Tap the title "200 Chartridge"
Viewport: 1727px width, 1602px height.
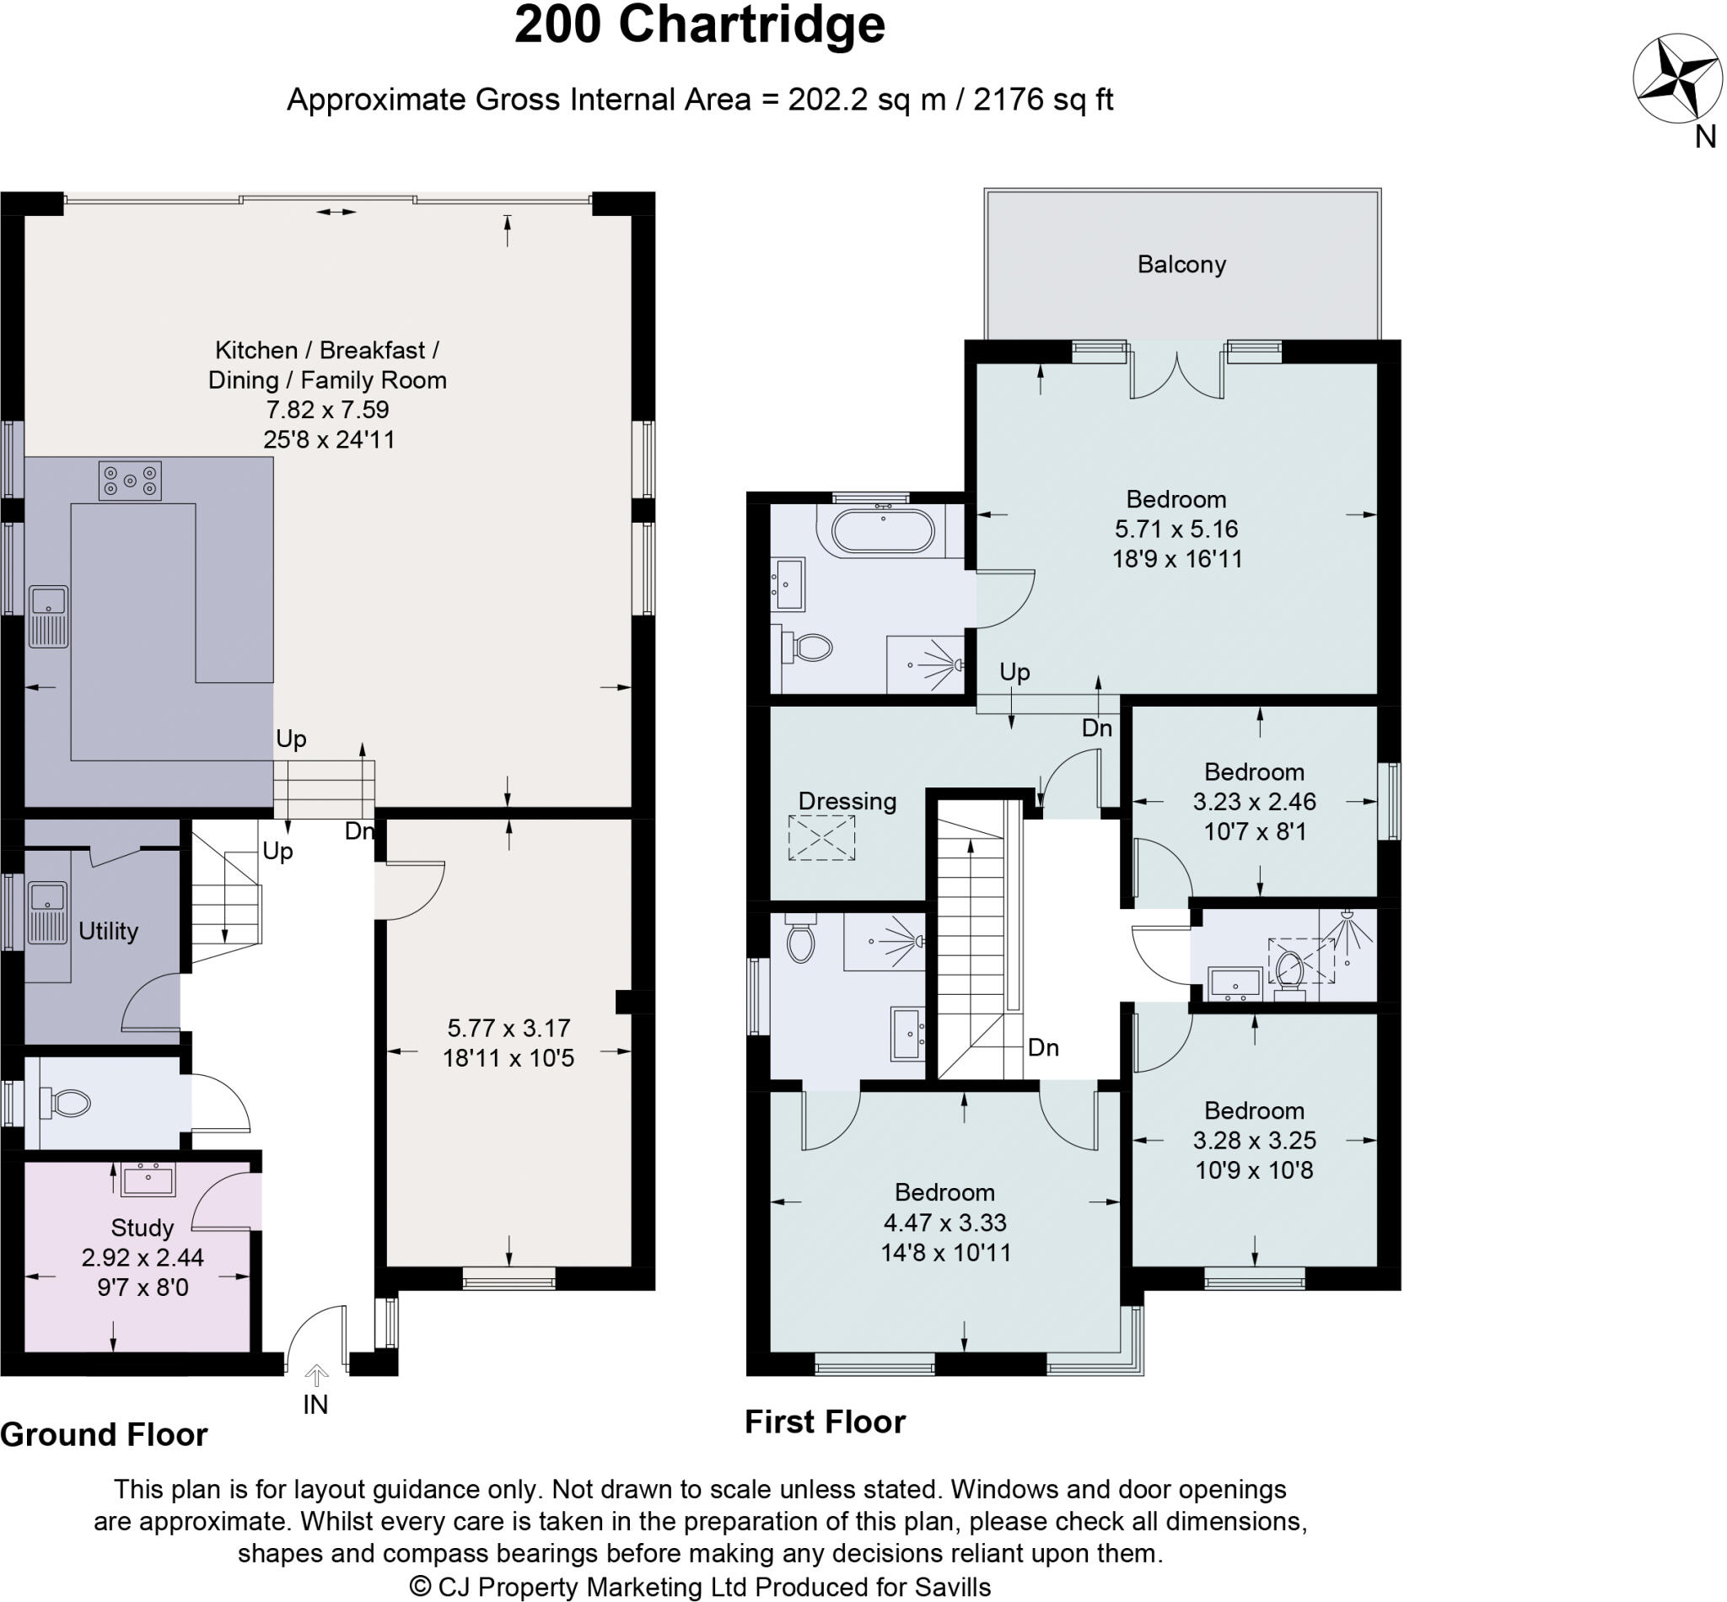pos(700,25)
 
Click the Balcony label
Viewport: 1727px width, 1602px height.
pos(1181,265)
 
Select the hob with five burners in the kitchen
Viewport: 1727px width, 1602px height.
pos(130,481)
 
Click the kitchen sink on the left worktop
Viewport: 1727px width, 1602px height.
pos(49,616)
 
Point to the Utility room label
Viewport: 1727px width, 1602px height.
pos(109,931)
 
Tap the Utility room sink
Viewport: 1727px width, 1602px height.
pos(48,913)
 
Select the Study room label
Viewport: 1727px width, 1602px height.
pos(143,1228)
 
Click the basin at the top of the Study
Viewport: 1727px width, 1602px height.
pos(148,1179)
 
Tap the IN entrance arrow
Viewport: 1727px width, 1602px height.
pos(316,1376)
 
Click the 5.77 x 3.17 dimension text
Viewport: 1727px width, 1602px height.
pos(509,1028)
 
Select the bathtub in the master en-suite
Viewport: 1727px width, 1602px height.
pos(884,530)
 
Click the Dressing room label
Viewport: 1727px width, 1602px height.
pos(847,801)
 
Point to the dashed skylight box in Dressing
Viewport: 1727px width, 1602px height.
pos(821,837)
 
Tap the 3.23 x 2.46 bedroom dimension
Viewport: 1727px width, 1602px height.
pos(1254,801)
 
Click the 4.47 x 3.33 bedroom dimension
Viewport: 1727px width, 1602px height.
pos(945,1223)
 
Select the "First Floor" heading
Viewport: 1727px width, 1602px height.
pos(825,1422)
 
